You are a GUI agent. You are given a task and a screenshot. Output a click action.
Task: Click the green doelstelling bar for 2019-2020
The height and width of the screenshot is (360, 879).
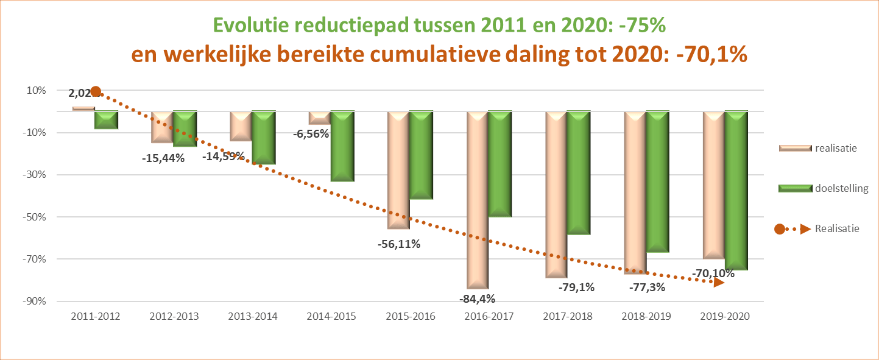click(x=736, y=190)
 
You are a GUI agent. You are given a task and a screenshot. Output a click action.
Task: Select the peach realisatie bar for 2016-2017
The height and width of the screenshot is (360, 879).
click(x=478, y=200)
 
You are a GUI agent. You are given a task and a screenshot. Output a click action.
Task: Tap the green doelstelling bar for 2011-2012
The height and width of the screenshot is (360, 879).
click(x=107, y=120)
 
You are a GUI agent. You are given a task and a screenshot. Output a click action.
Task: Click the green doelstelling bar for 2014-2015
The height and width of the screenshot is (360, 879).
click(x=342, y=146)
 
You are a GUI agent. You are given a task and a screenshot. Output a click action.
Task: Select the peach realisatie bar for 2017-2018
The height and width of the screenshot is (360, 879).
click(x=556, y=194)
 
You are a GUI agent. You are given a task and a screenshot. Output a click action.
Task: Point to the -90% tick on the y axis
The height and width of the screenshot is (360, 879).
click(x=37, y=301)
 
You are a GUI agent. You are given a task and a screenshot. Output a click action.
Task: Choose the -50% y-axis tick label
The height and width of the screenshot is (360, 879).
click(x=37, y=217)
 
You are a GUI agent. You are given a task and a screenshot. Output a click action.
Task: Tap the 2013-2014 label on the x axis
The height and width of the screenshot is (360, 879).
click(x=253, y=317)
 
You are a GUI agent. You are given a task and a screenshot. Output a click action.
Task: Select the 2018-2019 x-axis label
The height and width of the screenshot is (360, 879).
click(x=646, y=317)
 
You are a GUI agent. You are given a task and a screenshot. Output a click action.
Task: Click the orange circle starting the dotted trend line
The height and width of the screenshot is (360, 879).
click(x=96, y=92)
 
